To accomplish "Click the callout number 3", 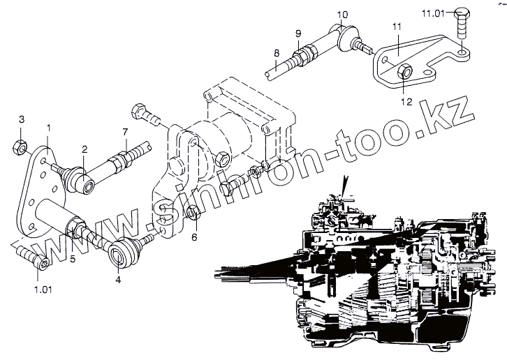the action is coord(21,119).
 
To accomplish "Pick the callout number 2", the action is coord(84,149).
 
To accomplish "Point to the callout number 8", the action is coord(277,54).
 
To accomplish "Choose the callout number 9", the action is coord(297,33).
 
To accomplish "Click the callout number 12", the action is coord(406,101).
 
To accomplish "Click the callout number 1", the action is coord(49,127).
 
